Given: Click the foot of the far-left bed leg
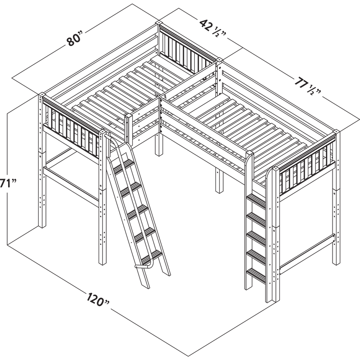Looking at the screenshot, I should (44, 222).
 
